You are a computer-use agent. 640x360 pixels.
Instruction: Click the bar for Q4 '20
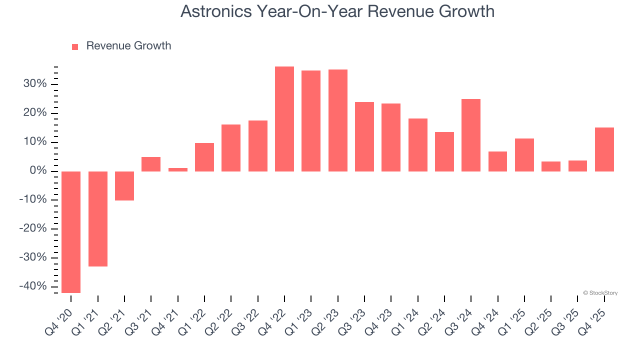71,232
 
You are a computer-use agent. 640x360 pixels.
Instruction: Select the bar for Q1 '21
98,219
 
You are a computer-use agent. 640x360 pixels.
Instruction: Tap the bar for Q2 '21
124,186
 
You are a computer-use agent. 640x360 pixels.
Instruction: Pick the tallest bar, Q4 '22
284,119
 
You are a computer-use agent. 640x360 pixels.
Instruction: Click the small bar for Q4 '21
178,169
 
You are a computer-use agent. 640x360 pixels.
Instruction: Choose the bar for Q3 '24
471,135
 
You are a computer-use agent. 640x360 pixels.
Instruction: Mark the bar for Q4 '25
604,149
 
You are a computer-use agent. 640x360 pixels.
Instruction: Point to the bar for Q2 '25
551,166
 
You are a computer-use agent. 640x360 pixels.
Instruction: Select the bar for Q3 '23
364,136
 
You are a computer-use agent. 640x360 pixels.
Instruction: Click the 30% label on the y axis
34,84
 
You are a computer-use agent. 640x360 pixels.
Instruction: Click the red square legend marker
75,46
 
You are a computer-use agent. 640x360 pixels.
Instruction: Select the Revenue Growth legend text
128,46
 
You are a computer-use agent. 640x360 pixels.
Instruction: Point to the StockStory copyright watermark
600,293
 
